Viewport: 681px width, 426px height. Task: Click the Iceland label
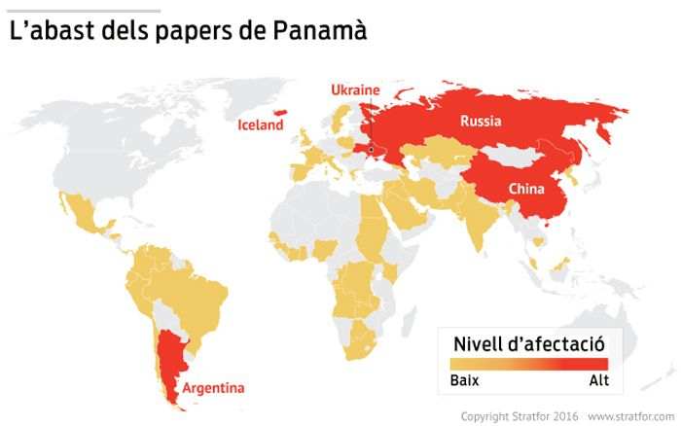[261, 124]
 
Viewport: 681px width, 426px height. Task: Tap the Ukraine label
[355, 90]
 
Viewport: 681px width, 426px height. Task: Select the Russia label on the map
[481, 122]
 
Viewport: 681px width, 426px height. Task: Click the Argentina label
[213, 388]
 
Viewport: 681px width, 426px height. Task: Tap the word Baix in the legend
[464, 379]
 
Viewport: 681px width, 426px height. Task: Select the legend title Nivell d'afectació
[529, 343]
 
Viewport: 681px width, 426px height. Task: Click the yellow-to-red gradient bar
[529, 364]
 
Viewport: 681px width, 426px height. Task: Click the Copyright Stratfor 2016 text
[519, 416]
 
